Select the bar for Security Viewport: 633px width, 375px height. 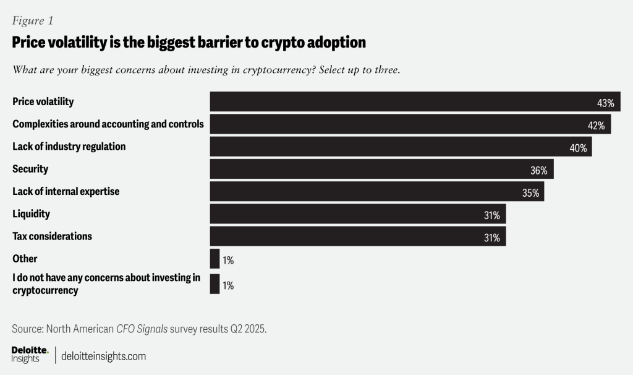click(381, 169)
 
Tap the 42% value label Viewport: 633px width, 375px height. click(595, 126)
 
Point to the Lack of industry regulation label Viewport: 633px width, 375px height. click(69, 147)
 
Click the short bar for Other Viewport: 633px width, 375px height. click(215, 259)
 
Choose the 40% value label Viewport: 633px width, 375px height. click(577, 148)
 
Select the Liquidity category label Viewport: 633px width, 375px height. click(31, 214)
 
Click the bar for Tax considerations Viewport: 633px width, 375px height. click(357, 236)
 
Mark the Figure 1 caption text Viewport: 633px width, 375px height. click(33, 20)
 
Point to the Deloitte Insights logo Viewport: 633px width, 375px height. click(30, 355)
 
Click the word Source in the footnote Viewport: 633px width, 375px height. click(28, 329)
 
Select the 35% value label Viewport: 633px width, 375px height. click(530, 193)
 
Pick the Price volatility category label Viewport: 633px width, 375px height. click(43, 101)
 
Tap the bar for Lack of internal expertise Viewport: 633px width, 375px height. click(376, 192)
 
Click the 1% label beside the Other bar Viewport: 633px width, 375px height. click(227, 261)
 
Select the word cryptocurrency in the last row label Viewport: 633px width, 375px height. click(45, 290)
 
